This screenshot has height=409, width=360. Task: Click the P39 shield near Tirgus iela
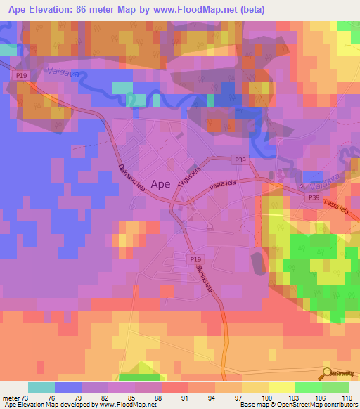[x=240, y=160]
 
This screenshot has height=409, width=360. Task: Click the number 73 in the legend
[x=29, y=397]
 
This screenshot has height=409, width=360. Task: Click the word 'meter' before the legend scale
[x=11, y=397]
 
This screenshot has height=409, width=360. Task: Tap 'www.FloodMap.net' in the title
[x=205, y=9]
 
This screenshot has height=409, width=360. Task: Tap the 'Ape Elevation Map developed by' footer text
[x=49, y=405]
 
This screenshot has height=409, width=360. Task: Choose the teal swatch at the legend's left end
[x=41, y=387]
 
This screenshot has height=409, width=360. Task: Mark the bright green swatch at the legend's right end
[x=335, y=387]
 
